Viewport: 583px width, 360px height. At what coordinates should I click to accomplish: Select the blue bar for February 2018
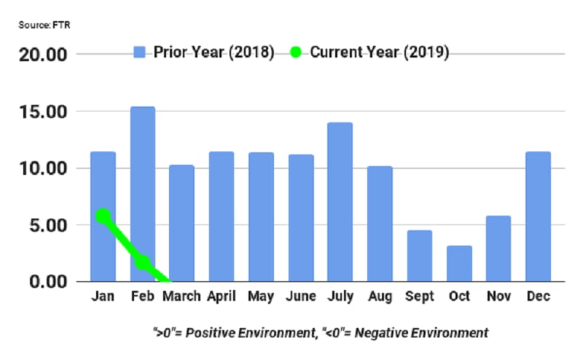click(142, 194)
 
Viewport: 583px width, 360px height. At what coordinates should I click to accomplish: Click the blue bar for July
click(340, 202)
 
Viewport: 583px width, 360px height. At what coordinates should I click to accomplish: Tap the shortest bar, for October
click(459, 263)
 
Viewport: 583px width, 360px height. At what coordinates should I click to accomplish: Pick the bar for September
click(419, 256)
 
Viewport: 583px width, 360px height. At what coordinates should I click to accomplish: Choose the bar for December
click(538, 216)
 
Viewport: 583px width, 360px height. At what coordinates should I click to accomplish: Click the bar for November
click(498, 249)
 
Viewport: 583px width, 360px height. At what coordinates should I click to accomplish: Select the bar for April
click(221, 216)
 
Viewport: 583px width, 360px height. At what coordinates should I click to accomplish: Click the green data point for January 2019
click(103, 216)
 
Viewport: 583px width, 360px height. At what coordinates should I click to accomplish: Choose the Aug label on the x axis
click(379, 297)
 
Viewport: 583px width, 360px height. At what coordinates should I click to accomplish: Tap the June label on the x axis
click(300, 297)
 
